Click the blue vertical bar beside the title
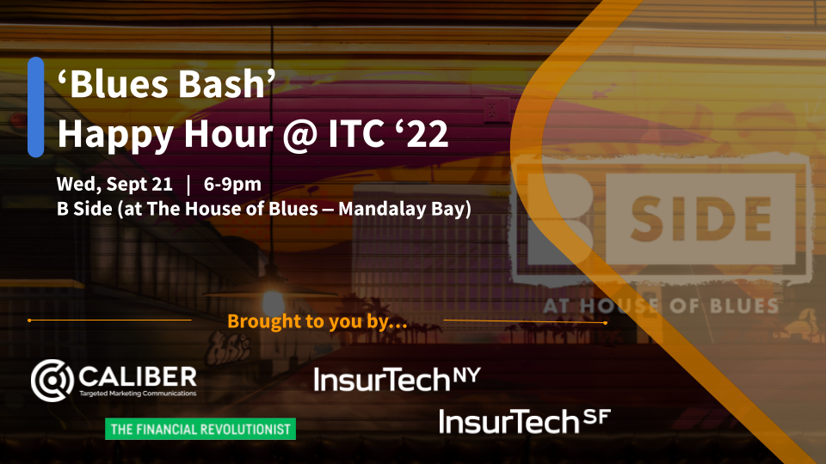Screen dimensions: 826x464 tap(36, 107)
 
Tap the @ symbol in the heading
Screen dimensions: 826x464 tap(299, 135)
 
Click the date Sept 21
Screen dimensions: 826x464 tap(139, 184)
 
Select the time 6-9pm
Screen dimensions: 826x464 tap(232, 185)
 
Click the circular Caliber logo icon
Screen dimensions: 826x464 tap(52, 381)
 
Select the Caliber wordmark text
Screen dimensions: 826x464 tap(138, 376)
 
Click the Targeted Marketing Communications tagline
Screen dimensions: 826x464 tap(138, 394)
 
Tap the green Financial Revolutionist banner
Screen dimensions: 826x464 tap(200, 429)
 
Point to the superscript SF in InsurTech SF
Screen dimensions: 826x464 tap(597, 418)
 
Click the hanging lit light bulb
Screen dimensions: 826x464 tap(274, 303)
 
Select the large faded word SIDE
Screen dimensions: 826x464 tap(701, 219)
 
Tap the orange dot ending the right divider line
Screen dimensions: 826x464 tap(605, 322)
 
